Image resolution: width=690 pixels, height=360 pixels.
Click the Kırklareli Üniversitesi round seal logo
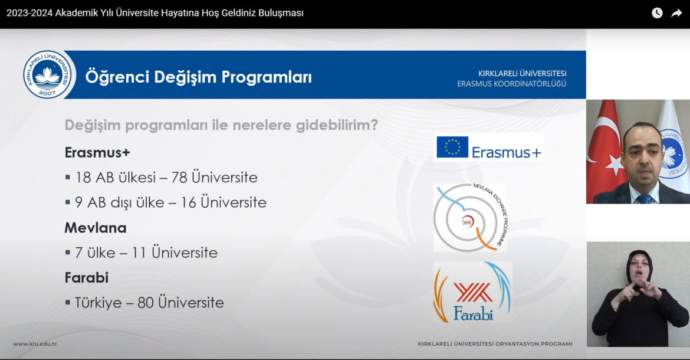[48, 74]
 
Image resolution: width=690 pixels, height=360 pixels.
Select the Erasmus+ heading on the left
[97, 152]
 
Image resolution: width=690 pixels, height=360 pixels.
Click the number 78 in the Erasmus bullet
[179, 178]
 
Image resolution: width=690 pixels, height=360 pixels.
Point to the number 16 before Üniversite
[188, 202]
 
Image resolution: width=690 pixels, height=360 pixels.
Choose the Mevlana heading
[96, 228]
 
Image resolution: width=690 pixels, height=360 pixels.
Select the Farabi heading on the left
[87, 278]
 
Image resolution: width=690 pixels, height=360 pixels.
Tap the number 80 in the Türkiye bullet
[145, 303]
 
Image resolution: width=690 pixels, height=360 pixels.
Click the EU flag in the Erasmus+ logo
[452, 147]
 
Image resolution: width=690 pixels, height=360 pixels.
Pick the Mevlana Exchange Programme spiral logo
[471, 218]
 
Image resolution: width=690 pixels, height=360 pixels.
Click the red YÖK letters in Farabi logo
[472, 293]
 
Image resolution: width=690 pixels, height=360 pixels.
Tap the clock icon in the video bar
[657, 13]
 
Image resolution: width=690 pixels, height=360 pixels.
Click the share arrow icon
[676, 13]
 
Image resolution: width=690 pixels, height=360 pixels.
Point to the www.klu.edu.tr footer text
[35, 344]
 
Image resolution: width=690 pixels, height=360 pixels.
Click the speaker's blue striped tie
[644, 198]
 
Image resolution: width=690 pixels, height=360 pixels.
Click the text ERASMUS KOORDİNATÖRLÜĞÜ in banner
[511, 84]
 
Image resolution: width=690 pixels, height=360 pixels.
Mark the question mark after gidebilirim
[374, 125]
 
